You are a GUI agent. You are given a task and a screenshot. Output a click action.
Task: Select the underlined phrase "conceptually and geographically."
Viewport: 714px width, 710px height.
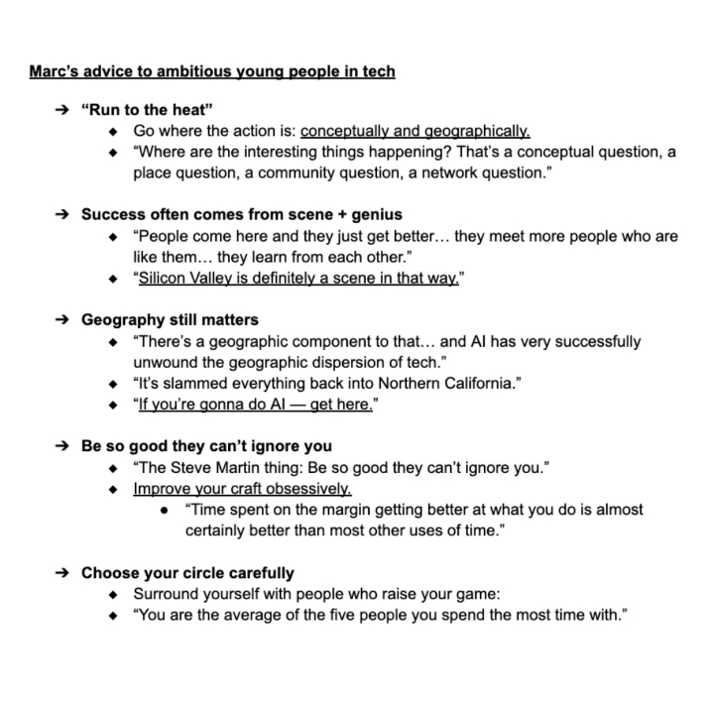pos(416,131)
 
